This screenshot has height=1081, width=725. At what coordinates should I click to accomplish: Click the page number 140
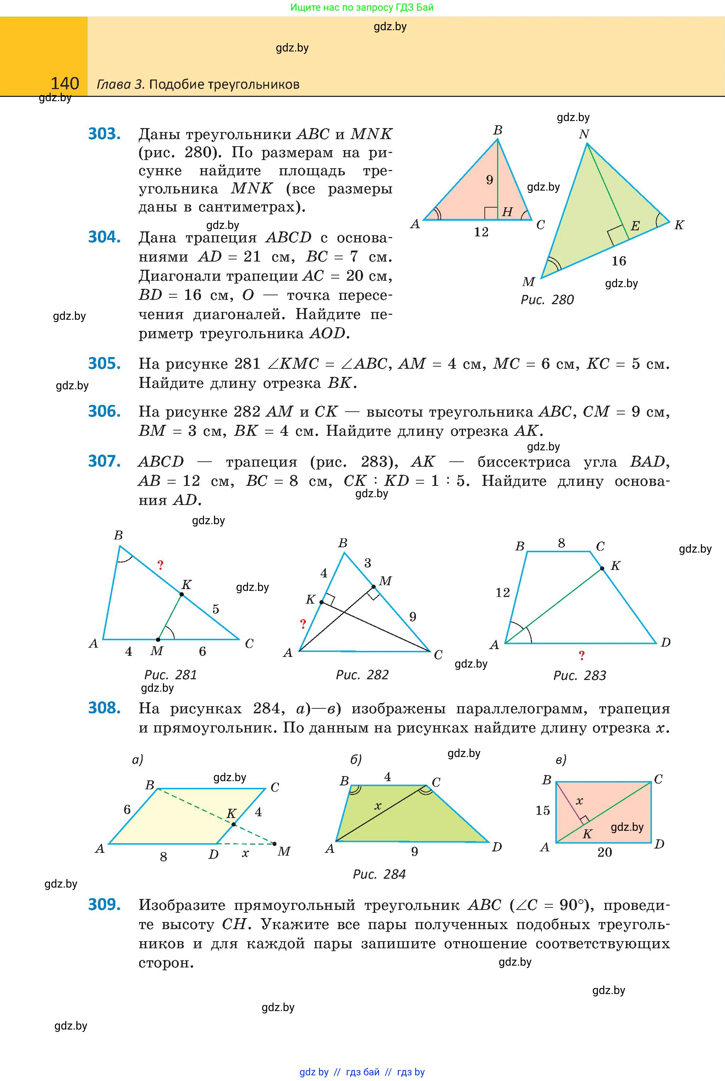(65, 84)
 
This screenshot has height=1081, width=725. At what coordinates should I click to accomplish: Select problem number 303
(104, 134)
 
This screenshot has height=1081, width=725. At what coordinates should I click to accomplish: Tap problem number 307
(104, 461)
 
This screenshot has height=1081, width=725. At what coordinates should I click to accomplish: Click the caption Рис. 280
(547, 300)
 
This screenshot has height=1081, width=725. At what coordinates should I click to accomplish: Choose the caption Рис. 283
(580, 676)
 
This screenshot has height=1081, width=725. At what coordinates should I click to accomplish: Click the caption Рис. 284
(379, 874)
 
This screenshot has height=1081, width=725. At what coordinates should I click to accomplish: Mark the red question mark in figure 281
(160, 565)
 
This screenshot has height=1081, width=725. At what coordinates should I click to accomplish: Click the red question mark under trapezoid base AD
(582, 655)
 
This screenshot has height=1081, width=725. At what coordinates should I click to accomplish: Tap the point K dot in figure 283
(602, 569)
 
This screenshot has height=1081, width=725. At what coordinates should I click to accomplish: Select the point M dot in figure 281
(158, 640)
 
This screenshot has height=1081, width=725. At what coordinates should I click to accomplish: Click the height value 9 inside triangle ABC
(490, 180)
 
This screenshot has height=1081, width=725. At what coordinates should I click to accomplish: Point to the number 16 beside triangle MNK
(619, 261)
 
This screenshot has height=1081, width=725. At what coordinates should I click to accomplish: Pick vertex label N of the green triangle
(584, 134)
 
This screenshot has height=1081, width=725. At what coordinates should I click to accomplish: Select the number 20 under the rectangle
(604, 852)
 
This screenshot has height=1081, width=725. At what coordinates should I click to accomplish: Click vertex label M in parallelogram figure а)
(284, 851)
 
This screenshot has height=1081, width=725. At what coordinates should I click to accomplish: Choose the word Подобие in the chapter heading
(177, 84)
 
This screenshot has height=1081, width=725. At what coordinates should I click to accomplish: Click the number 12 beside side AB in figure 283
(502, 592)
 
